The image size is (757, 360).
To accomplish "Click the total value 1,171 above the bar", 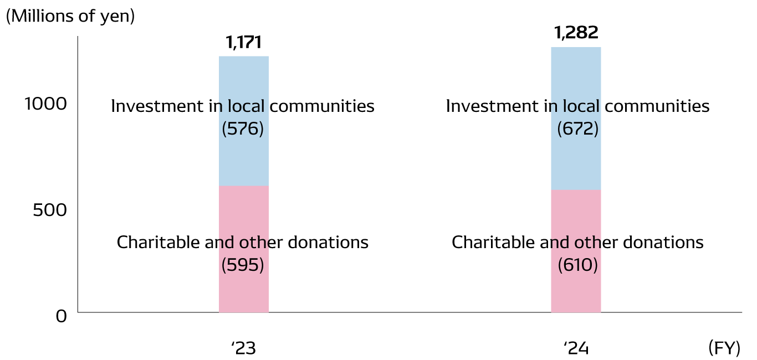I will (243, 43).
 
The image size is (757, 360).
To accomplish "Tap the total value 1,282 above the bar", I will (576, 33).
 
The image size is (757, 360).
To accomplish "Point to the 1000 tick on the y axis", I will (46, 104).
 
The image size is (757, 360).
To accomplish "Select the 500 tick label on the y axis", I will (50, 210).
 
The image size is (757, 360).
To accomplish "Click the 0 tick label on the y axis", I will (62, 316).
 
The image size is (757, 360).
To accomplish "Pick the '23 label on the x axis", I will (243, 349).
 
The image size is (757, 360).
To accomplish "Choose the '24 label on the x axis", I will (576, 349).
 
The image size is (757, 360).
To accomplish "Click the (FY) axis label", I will (724, 348).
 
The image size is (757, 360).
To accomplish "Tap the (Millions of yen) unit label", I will (70, 16).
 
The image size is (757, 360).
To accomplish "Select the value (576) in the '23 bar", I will (243, 129).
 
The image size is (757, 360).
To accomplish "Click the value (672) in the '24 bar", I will (578, 129).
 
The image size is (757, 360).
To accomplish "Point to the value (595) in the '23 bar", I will (243, 265).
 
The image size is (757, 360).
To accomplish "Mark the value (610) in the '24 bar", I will (578, 265).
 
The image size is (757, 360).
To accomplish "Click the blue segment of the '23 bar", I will (244, 78).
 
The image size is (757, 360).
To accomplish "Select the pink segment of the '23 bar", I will (244, 294).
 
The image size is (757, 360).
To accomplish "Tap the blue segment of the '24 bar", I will (576, 72).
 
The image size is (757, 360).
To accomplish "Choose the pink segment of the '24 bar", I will (576, 294).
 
